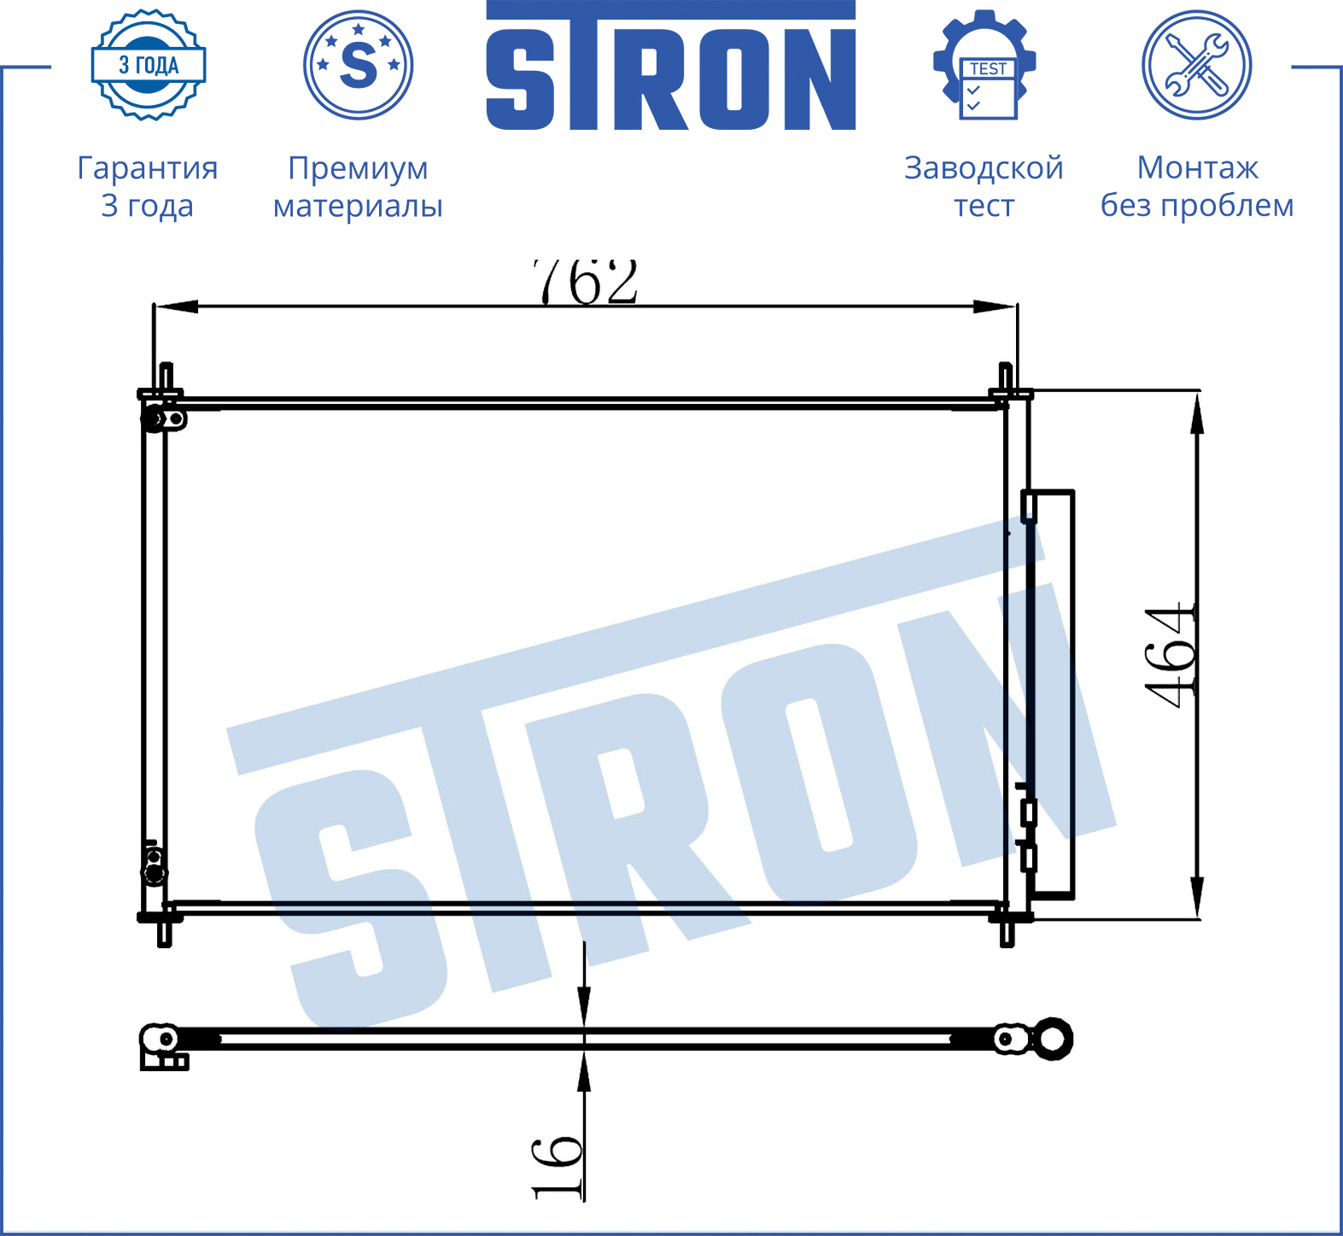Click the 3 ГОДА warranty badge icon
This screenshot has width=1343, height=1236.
coord(149,65)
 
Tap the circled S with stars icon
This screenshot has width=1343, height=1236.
coord(359,65)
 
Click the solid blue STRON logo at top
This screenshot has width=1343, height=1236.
coord(671,66)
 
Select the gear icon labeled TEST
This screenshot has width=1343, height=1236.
coord(984,65)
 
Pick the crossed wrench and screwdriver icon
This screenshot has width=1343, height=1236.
coord(1197,65)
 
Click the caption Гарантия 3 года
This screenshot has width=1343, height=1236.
coord(148,187)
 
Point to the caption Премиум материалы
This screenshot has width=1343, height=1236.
coord(358,187)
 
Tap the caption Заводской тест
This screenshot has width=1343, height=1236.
coord(984,187)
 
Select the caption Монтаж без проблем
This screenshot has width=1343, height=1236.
coord(1197,187)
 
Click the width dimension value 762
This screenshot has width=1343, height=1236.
coord(586,281)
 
